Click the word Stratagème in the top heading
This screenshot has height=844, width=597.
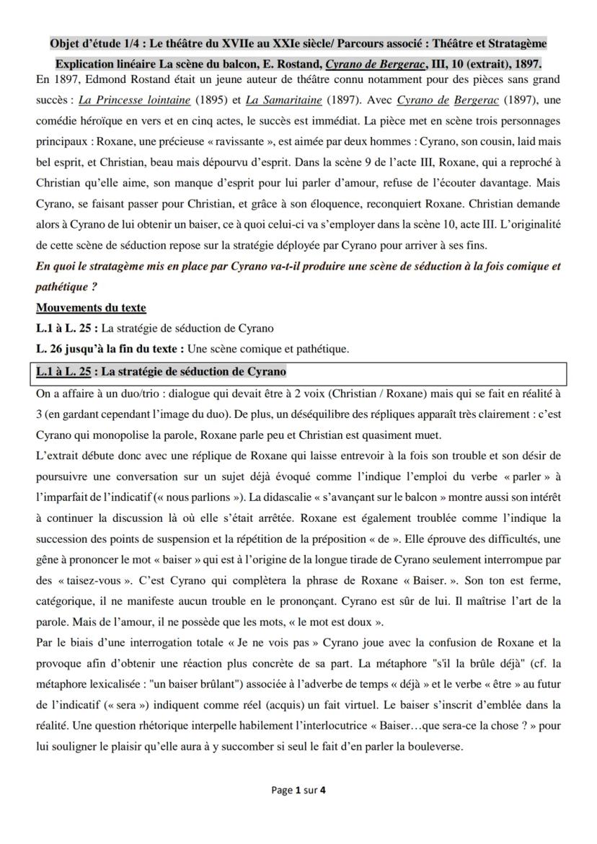click(516, 43)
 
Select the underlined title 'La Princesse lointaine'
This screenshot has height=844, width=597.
click(135, 99)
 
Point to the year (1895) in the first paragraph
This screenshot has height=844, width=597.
click(211, 99)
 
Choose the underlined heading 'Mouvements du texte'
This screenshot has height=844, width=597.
click(91, 308)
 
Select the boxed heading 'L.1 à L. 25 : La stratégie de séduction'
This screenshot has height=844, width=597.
click(161, 372)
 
